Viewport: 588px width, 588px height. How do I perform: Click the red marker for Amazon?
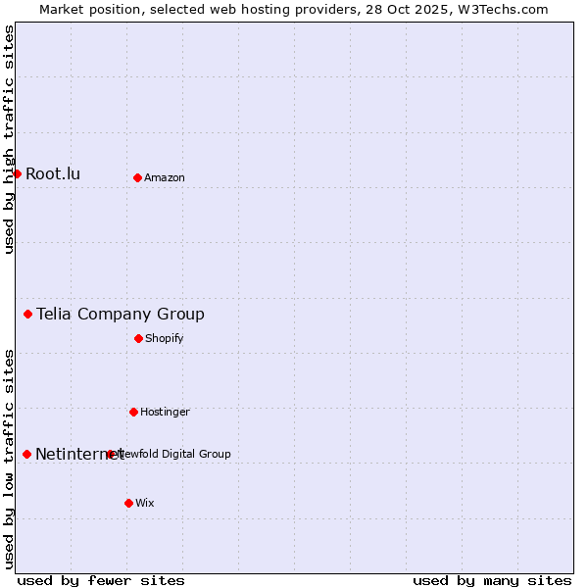pos(137,177)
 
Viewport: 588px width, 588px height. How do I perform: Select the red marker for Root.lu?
pos(17,173)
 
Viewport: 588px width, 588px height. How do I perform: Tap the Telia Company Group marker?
pos(27,314)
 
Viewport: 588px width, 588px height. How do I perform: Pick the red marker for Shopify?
pos(138,338)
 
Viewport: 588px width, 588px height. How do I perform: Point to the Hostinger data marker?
pos(133,412)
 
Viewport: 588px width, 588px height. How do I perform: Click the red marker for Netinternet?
pos(26,454)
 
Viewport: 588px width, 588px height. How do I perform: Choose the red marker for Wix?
pos(128,503)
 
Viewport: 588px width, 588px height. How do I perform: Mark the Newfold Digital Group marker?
pos(110,454)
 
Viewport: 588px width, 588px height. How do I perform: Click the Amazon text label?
pos(165,178)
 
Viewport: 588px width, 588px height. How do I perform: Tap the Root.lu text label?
pos(53,174)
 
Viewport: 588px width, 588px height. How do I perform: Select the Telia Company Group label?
pos(121,315)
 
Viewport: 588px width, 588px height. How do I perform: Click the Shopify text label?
pos(165,339)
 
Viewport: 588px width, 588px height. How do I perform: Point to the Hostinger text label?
pos(165,413)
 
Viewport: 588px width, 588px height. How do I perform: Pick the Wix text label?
pos(145,504)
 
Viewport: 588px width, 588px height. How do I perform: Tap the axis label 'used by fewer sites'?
pos(101,580)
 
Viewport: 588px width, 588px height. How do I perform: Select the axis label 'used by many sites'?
pos(492,580)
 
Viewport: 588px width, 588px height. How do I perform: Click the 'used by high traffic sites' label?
pos(9,139)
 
